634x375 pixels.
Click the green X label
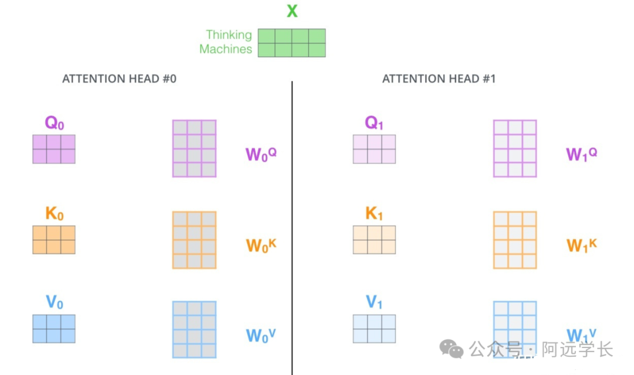click(x=291, y=11)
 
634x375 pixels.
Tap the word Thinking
click(x=228, y=35)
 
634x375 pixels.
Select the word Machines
click(x=225, y=49)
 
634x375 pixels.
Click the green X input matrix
click(x=292, y=43)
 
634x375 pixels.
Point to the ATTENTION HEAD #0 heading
click(x=119, y=79)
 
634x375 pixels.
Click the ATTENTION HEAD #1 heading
click(x=439, y=79)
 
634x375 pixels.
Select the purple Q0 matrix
click(x=54, y=149)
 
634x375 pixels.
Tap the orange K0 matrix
click(x=54, y=240)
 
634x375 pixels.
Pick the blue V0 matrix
click(x=54, y=329)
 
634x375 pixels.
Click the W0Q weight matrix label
click(x=261, y=155)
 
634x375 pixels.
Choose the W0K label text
click(x=261, y=245)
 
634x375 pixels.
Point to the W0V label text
click(x=261, y=335)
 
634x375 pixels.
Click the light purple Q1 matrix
click(x=374, y=149)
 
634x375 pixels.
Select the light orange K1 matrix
click(x=374, y=240)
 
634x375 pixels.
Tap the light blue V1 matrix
click(x=374, y=329)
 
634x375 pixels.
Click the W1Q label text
click(x=581, y=155)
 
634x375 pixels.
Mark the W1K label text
click(x=581, y=245)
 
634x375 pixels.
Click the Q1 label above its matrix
click(x=374, y=123)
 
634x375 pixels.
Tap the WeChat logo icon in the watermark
click(x=451, y=350)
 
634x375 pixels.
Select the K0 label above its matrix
click(x=54, y=214)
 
